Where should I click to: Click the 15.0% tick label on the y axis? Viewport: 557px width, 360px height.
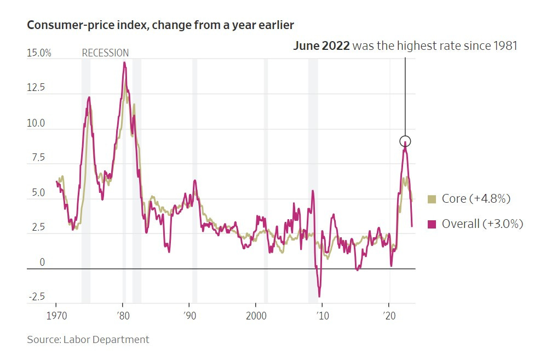pos(39,53)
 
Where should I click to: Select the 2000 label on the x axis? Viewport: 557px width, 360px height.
pos(256,317)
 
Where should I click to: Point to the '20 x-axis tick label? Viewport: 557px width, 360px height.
pos(389,317)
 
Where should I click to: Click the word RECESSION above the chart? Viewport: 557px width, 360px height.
pos(105,53)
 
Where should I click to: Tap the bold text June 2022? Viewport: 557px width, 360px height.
pos(321,46)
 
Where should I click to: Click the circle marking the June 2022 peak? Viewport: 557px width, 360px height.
pos(405,141)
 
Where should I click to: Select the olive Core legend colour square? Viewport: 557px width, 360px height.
pos(432,199)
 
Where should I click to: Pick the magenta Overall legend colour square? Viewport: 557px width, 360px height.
pos(432,224)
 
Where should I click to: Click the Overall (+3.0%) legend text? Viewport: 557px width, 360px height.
pos(483,224)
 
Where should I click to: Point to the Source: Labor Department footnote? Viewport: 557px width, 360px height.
pos(88,340)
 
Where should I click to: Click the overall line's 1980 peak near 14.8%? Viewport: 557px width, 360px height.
pos(124,62)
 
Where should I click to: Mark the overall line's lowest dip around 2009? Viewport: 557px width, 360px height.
pos(319,296)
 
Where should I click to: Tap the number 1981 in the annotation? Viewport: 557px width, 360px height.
pos(504,46)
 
